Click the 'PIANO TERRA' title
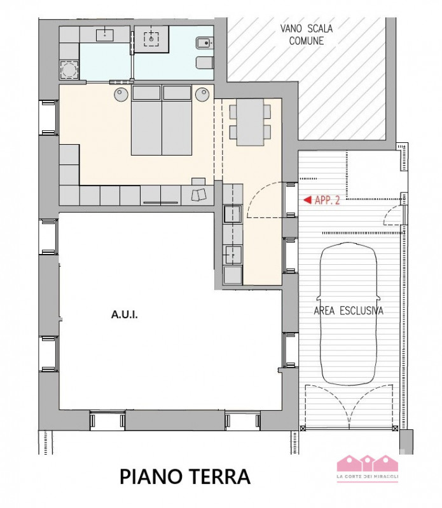point(185,477)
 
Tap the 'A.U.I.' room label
point(125,314)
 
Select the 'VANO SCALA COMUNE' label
point(307,34)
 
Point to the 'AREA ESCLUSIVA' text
point(349,311)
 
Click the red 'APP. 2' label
point(328,200)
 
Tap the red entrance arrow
point(307,200)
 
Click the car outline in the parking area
point(349,314)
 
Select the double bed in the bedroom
point(162,120)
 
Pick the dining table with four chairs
point(250,122)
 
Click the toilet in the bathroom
point(205,62)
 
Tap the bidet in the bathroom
point(205,43)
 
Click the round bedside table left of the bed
point(121,95)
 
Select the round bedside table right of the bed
point(202,95)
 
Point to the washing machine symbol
point(69,70)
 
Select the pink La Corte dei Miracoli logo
point(368,469)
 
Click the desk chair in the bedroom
point(199,195)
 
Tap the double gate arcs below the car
point(349,405)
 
